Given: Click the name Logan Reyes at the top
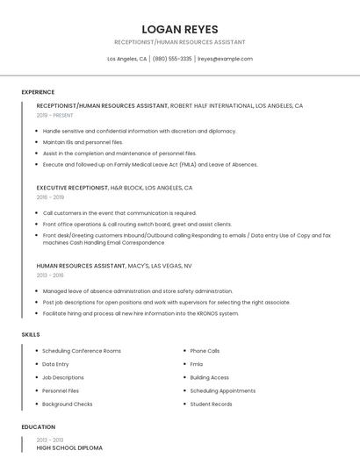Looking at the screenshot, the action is click(x=179, y=29).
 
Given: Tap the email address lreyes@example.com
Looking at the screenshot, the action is click(x=225, y=59).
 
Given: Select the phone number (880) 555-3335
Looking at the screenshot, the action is click(x=172, y=59).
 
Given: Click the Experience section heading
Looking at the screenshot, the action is click(x=38, y=92).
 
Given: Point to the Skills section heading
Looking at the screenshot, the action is click(x=31, y=334).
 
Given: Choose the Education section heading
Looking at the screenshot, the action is click(x=39, y=427).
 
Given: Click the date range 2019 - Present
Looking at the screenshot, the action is click(x=54, y=115).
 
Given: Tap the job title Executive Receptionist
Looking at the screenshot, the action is click(x=72, y=188).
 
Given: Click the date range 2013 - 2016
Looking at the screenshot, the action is click(x=50, y=275).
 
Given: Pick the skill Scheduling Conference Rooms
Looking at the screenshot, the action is click(x=82, y=351).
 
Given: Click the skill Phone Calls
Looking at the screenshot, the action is click(x=205, y=351).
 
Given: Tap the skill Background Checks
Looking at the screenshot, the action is click(x=68, y=404).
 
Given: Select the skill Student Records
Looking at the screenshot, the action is click(x=211, y=404).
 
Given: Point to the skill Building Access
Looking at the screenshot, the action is click(x=209, y=377).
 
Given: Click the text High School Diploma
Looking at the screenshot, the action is click(x=69, y=447).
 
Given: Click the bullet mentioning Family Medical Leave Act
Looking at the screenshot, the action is click(x=150, y=164).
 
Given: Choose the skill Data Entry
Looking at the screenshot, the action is click(x=55, y=364).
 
